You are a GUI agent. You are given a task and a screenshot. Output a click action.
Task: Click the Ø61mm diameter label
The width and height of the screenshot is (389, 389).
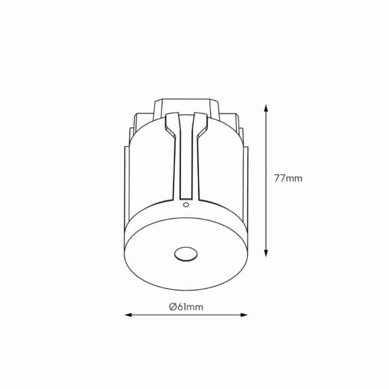pyautogui.click(x=186, y=307)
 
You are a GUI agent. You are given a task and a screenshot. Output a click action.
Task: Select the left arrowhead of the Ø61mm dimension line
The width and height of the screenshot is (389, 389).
pyautogui.click(x=128, y=315)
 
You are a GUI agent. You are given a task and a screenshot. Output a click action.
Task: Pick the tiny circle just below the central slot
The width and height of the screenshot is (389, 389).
pyautogui.click(x=185, y=205)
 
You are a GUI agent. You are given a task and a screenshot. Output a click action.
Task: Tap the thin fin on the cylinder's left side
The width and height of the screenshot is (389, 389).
pyautogui.click(x=127, y=194)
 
